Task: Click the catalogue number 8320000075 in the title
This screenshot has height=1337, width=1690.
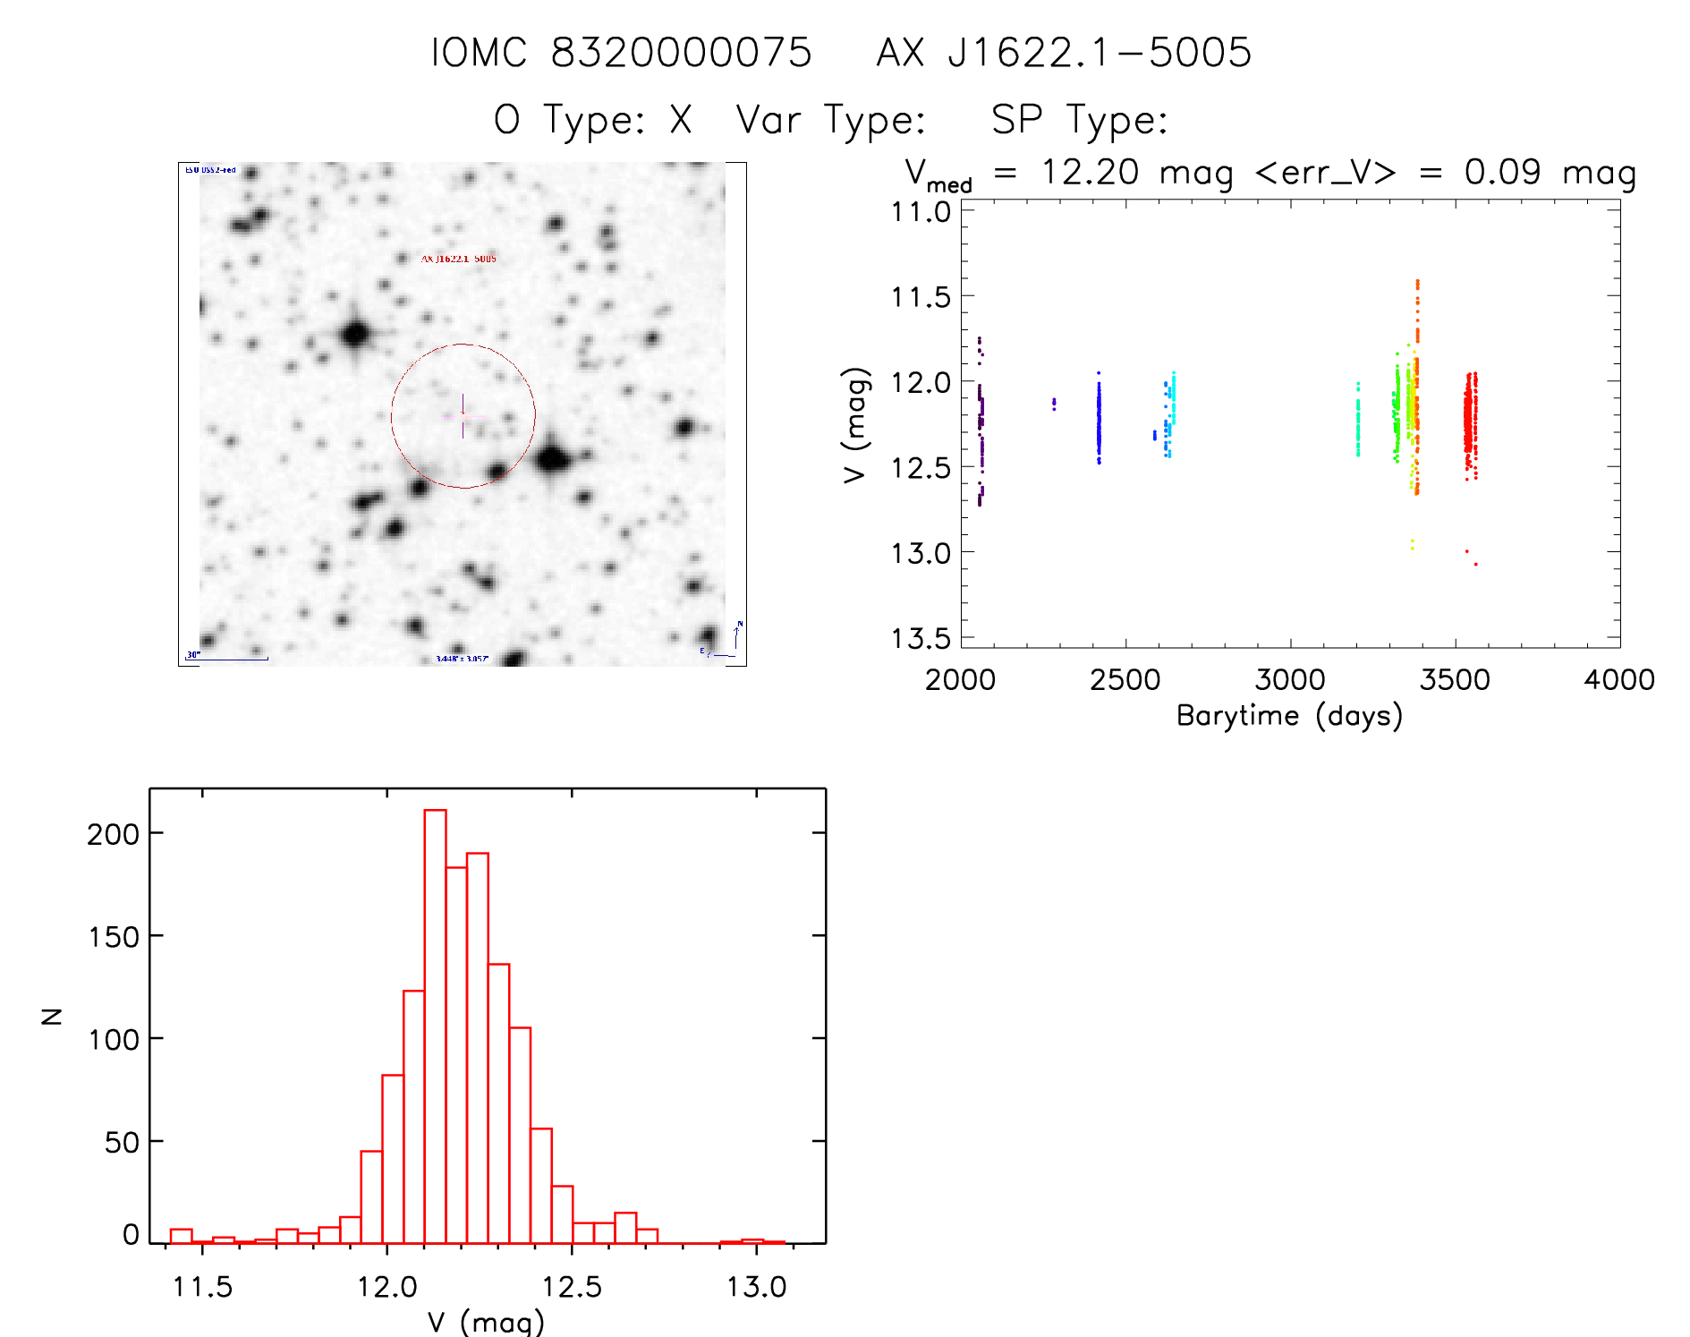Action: (x=681, y=53)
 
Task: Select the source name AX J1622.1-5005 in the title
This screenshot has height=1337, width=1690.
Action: (x=1064, y=53)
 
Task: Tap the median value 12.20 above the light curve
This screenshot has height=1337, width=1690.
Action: (x=1090, y=172)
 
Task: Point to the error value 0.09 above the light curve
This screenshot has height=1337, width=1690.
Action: (x=1502, y=172)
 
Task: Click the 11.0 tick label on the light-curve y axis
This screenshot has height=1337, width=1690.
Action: (x=921, y=212)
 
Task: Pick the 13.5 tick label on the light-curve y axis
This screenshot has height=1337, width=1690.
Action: (x=921, y=638)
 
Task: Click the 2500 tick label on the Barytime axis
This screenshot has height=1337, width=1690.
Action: (x=1125, y=680)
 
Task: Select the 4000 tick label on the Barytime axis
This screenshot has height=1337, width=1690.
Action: (x=1618, y=680)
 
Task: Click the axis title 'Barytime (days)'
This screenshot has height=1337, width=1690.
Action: (x=1289, y=716)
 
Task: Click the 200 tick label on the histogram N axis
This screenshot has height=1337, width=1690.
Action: (x=114, y=834)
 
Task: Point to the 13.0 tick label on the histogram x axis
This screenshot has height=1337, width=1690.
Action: (x=756, y=1287)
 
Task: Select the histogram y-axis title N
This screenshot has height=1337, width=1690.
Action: (x=53, y=1016)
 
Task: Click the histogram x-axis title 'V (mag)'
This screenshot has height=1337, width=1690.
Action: (x=486, y=1322)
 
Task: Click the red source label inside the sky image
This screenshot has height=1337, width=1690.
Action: (x=458, y=259)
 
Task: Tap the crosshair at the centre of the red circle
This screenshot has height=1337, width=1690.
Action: (x=463, y=416)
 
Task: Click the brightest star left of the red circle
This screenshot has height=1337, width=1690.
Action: (x=356, y=335)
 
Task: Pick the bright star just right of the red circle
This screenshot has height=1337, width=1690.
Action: (x=552, y=460)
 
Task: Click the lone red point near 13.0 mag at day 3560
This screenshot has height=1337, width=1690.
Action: (x=1475, y=564)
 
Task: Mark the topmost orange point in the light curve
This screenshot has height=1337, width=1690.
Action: (x=1417, y=282)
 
